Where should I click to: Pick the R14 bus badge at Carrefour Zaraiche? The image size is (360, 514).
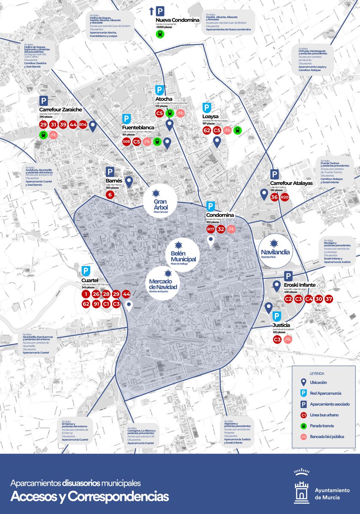pos(83,125)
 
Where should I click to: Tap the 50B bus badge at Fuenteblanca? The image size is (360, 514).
pos(126,141)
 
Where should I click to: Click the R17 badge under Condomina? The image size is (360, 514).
pos(210,229)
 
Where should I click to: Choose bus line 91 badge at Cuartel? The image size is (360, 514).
pos(96,304)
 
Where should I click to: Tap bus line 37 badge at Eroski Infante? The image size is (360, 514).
pos(329,299)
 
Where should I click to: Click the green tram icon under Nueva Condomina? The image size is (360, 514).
pos(160,33)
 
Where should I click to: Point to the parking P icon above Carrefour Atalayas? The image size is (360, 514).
pos(275,174)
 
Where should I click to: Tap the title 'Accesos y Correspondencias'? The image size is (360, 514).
pos(90,496)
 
